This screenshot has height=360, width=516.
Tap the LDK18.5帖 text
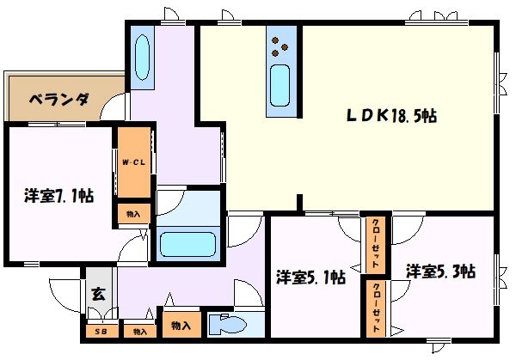coord(391,117)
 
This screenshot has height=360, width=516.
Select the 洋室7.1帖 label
coord(58,196)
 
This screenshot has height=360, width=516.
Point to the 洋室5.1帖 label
coord(310,278)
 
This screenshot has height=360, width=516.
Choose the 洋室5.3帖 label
coord(440,272)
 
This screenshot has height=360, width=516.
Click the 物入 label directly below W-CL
coord(132,213)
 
